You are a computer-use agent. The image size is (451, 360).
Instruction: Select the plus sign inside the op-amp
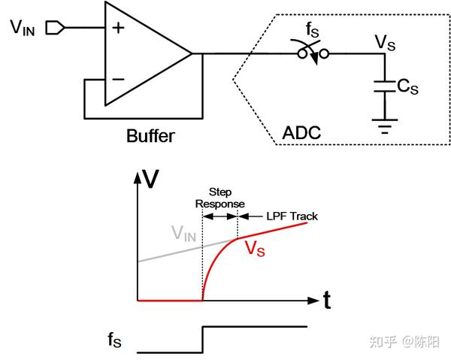(118, 29)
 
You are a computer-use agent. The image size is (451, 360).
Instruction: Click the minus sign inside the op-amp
(118, 78)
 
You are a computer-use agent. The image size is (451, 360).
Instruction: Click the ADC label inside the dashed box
(301, 134)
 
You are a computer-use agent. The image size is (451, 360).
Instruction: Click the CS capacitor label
(407, 87)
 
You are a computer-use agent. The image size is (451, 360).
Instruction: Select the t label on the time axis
(327, 301)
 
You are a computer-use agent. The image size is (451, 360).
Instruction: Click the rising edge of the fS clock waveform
(202, 339)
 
